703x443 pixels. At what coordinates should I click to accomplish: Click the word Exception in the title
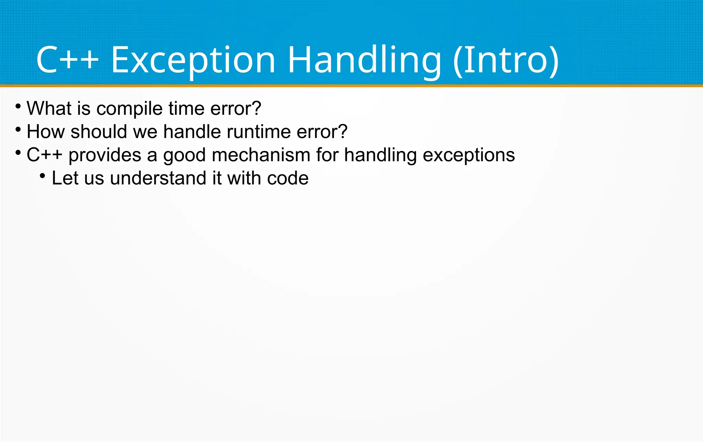(193, 60)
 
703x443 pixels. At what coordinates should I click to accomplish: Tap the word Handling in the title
(364, 60)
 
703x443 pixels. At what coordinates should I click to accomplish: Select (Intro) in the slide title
(506, 60)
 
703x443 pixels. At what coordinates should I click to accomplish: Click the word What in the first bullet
(49, 108)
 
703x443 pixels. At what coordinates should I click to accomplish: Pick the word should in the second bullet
(99, 132)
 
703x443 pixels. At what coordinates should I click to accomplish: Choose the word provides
(105, 155)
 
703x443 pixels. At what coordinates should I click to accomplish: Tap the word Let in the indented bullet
(65, 178)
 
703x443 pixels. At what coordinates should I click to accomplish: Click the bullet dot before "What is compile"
(18, 106)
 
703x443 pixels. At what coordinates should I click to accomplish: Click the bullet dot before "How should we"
(18, 130)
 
